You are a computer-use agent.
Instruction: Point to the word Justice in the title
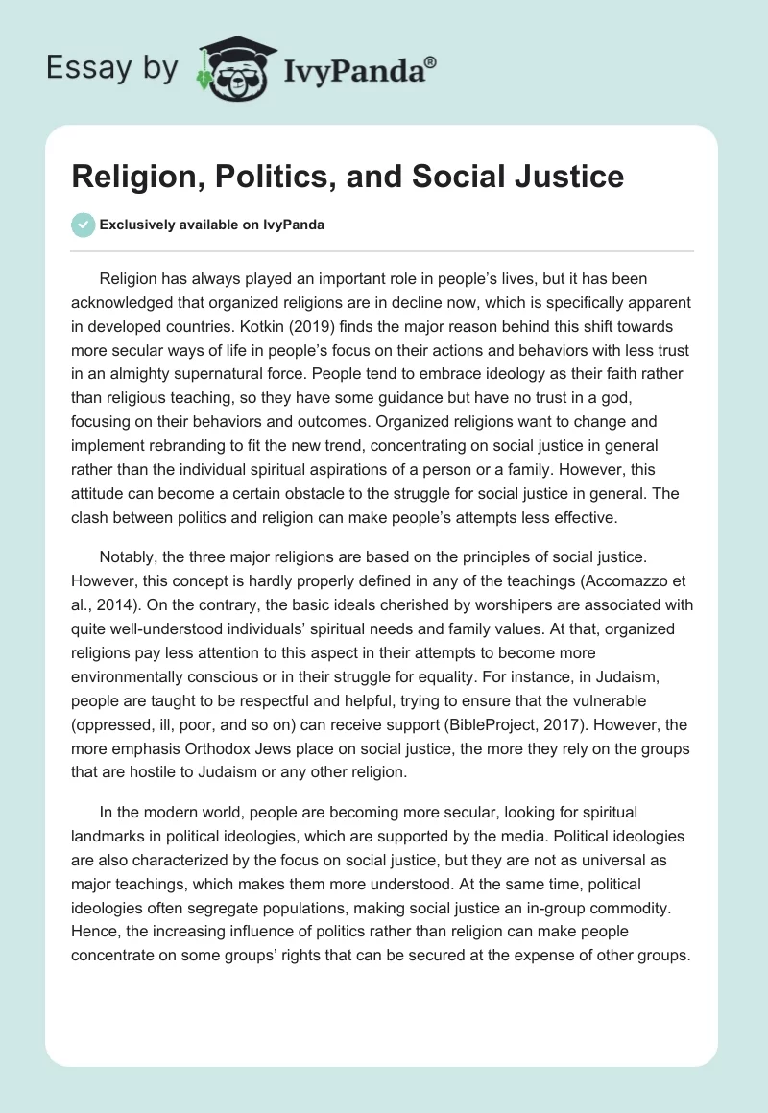point(567,178)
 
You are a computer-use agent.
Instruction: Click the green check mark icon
point(84,225)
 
